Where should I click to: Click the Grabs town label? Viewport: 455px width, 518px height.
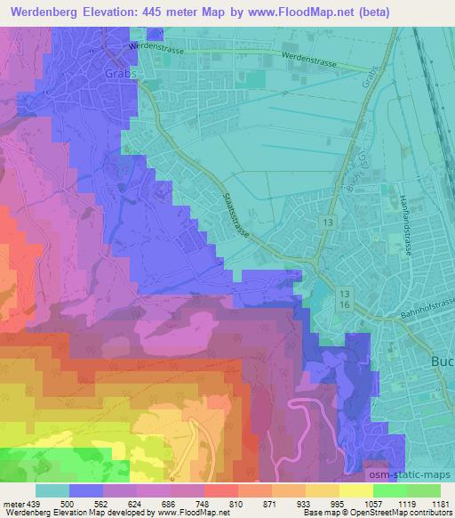122,74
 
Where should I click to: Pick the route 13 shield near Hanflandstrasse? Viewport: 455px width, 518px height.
329,220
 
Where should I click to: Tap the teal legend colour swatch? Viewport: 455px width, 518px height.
52,490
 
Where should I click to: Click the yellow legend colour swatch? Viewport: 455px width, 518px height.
356,490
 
